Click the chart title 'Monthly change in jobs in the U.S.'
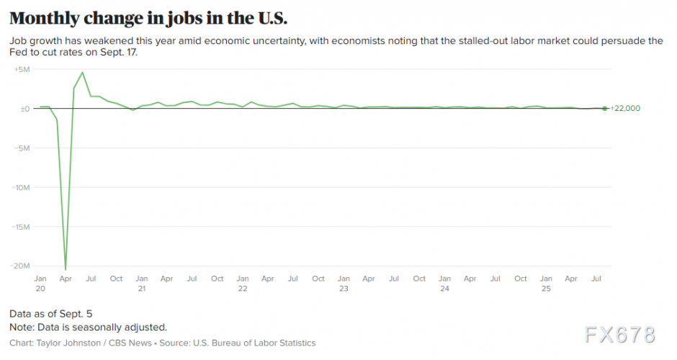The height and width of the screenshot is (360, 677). [x=148, y=17]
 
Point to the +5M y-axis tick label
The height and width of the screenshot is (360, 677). [x=22, y=70]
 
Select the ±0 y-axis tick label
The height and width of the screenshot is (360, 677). [x=23, y=109]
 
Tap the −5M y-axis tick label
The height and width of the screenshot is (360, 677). [x=22, y=148]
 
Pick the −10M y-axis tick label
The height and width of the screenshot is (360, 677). [x=20, y=188]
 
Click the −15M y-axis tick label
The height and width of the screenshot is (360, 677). [x=20, y=227]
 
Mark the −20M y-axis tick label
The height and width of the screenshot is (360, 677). [x=20, y=266]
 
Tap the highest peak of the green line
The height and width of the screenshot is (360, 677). [x=83, y=72]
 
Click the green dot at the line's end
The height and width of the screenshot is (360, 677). [x=604, y=109]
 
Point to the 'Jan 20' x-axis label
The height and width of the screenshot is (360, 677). [x=41, y=283]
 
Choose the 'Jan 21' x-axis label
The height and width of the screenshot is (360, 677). [x=142, y=283]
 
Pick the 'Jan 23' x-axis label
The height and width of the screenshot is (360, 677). [x=344, y=283]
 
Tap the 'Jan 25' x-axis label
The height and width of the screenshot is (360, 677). [x=546, y=283]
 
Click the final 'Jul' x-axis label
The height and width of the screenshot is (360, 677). [x=596, y=279]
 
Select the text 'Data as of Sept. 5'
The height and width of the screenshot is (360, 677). [x=50, y=314]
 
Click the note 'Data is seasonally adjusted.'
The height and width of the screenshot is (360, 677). [x=88, y=327]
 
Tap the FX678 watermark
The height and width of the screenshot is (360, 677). [x=620, y=336]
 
